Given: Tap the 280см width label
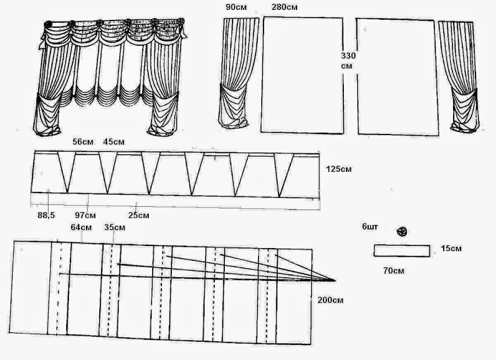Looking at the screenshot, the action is pos(285,8).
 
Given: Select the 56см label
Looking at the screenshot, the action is pos(83,142).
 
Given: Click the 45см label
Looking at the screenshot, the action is pos(114,142).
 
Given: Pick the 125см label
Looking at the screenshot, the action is pos(338,169).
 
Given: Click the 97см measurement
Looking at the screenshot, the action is pos(85,215).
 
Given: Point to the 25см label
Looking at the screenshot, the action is pos(138,215).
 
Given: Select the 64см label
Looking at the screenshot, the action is pos(81,227).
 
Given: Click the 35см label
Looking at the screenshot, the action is pos(114,227).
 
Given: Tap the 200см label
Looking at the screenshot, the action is pos(331,300).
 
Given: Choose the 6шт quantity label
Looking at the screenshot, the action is pos(370,227).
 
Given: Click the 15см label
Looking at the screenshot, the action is pos(451,249).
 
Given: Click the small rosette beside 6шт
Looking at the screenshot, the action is pos(402,232).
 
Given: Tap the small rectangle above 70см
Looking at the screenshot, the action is pos(402,251).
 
